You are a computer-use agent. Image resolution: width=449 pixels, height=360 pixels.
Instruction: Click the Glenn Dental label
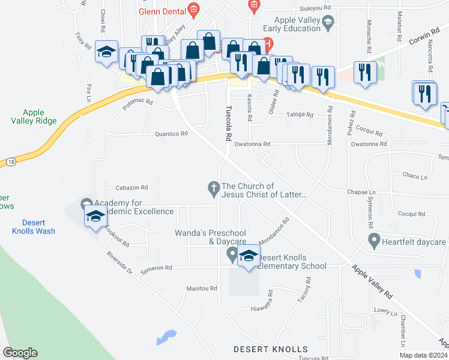(160, 11)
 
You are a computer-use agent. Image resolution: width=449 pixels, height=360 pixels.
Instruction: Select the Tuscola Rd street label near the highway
(229, 123)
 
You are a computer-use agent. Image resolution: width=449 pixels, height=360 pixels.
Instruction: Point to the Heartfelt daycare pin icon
(375, 242)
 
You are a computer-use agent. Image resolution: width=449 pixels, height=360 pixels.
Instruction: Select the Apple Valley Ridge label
(40, 116)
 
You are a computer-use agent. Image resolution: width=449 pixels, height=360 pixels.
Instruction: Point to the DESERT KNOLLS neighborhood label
(270, 349)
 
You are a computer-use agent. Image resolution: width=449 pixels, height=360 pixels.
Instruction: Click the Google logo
(20, 353)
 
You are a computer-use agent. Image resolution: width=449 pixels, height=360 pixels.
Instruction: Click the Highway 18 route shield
(11, 162)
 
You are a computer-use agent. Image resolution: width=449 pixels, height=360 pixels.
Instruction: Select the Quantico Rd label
(172, 134)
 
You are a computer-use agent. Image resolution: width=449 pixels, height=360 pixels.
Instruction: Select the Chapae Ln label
(361, 193)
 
